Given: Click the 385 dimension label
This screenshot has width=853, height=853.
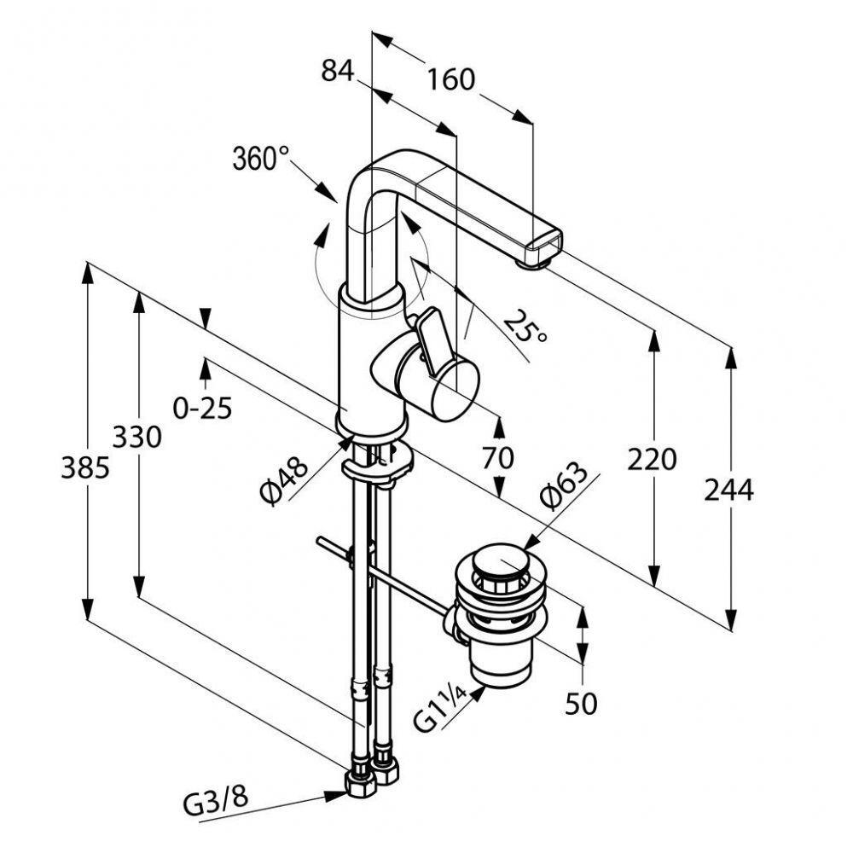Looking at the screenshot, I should pyautogui.click(x=85, y=467).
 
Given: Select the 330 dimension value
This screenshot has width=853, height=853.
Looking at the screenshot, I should pyautogui.click(x=136, y=438).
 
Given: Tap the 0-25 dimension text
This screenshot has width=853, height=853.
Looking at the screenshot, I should pyautogui.click(x=202, y=409).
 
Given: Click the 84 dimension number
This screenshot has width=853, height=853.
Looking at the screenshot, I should pyautogui.click(x=337, y=72).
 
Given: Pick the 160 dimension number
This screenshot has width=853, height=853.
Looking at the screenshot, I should pyautogui.click(x=450, y=79).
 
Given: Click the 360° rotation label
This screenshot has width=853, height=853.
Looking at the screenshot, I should pyautogui.click(x=260, y=159).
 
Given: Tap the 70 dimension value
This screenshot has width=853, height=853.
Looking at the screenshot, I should pyautogui.click(x=499, y=458).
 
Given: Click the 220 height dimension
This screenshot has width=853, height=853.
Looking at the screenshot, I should pyautogui.click(x=652, y=460).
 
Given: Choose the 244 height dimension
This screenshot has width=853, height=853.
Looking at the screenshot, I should pyautogui.click(x=729, y=490).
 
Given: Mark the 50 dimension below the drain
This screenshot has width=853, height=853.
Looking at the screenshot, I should pyautogui.click(x=582, y=704).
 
